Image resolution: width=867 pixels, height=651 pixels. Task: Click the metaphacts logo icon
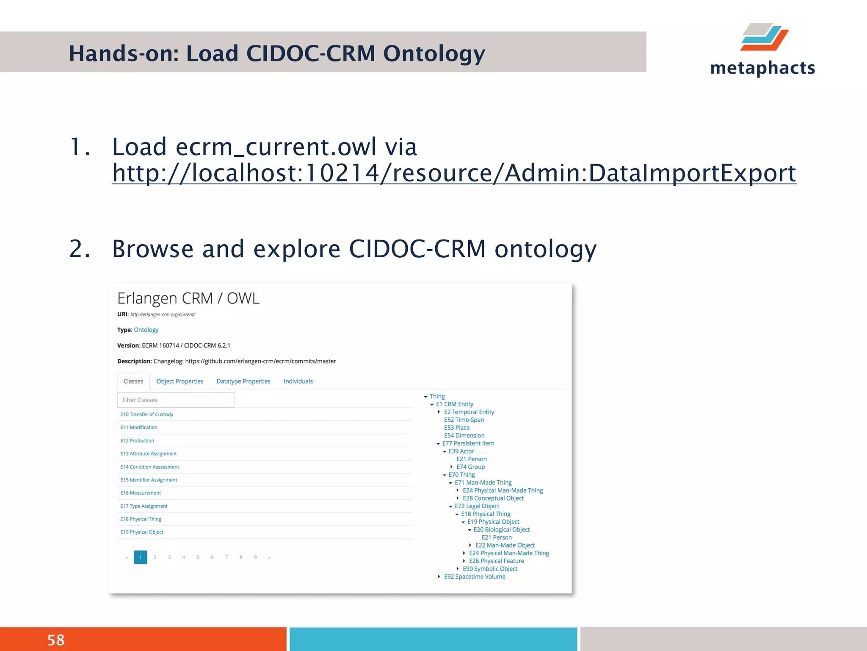point(764,37)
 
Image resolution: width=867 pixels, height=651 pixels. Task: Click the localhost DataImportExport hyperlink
point(454,173)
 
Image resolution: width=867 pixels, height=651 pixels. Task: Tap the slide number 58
point(56,640)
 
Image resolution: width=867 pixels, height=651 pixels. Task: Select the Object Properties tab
point(179,381)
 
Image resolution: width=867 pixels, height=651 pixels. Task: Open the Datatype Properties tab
point(243,381)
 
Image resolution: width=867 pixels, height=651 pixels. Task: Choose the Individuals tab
point(298,381)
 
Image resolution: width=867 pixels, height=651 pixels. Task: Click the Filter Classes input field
point(176,400)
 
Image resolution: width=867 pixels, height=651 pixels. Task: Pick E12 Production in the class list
point(137,441)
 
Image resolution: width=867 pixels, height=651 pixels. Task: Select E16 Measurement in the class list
point(141,493)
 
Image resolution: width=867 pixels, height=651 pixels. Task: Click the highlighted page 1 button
point(141,557)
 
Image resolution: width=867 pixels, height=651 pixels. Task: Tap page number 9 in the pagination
point(255,557)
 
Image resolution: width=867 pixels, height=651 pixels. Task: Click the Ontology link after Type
point(146,330)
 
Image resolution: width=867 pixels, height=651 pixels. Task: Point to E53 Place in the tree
point(457,428)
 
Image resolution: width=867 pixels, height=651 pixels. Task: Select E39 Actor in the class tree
point(461,451)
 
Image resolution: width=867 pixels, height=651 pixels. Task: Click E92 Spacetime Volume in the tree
point(475,577)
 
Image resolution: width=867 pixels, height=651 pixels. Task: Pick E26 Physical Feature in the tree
point(496,561)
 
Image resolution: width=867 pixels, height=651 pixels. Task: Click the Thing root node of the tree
point(437,396)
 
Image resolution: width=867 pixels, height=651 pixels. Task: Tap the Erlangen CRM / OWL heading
point(188,298)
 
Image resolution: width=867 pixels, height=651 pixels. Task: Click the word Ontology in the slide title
point(434,53)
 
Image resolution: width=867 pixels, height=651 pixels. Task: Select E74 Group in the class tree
point(470,467)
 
